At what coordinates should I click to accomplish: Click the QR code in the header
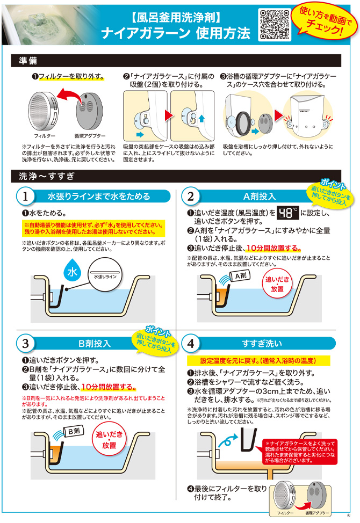[x=275, y=25]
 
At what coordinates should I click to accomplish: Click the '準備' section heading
[x=28, y=61]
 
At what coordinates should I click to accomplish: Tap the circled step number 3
[x=26, y=343]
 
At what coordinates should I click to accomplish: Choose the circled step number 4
[x=190, y=343]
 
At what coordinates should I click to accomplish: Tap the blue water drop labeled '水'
[x=71, y=273]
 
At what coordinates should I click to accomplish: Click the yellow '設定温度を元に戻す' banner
[x=257, y=360]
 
